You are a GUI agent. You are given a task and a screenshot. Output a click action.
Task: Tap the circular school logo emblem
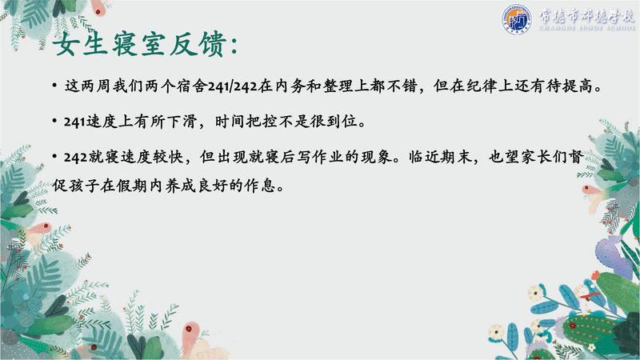(516, 19)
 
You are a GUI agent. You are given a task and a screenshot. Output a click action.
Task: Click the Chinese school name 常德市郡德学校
(586, 15)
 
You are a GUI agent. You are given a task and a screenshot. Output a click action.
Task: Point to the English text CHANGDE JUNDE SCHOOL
(587, 28)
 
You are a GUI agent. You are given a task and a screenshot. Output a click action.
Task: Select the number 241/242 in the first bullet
(232, 86)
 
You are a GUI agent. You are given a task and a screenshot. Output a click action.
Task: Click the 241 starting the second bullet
(74, 122)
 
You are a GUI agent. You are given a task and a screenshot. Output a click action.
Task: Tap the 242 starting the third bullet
(75, 158)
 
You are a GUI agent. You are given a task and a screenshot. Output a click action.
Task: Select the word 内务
(290, 86)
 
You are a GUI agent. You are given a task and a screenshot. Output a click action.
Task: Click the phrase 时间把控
(246, 122)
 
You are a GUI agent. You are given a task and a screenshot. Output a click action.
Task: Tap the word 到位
(342, 122)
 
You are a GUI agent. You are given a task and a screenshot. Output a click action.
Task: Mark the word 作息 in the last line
(259, 186)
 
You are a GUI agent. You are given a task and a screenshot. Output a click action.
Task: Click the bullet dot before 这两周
(54, 86)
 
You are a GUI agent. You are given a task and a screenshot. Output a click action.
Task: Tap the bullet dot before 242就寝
(54, 157)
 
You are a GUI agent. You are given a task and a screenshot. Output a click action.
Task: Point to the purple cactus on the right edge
(612, 256)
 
